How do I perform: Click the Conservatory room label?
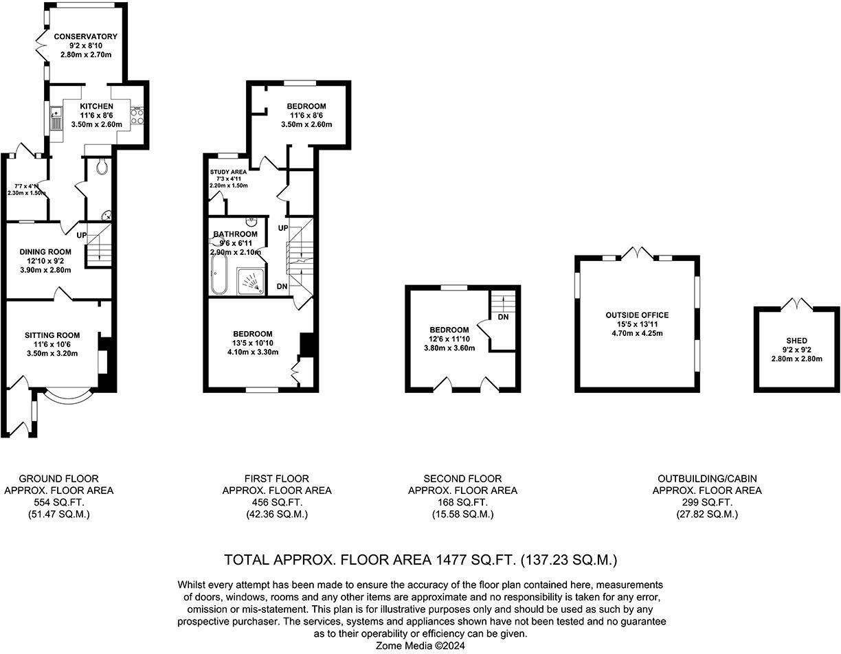pos(86,36)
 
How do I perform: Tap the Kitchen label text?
pos(96,106)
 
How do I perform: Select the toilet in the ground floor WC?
pos(102,166)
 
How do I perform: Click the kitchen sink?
pos(56,121)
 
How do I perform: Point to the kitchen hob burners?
pos(137,115)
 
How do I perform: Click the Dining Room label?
pos(45,252)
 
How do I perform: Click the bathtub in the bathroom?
pos(218,273)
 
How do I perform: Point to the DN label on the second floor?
pos(503,317)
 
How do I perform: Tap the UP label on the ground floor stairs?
pos(82,235)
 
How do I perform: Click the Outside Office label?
pos(637,315)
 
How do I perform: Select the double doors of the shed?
pos(797,303)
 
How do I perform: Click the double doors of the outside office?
pos(637,252)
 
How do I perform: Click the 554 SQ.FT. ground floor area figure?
pos(58,502)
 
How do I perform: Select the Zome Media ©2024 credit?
pos(421,646)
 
